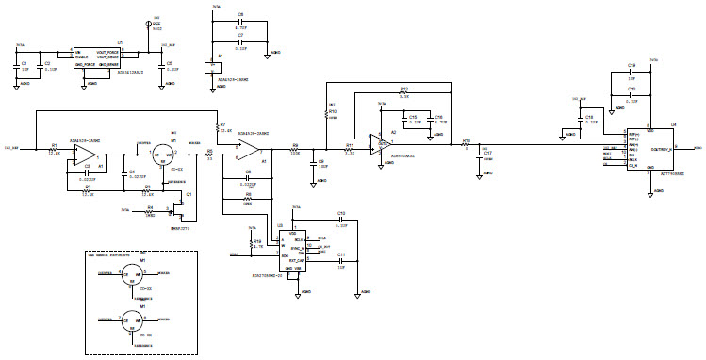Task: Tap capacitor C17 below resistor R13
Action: click(x=477, y=157)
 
